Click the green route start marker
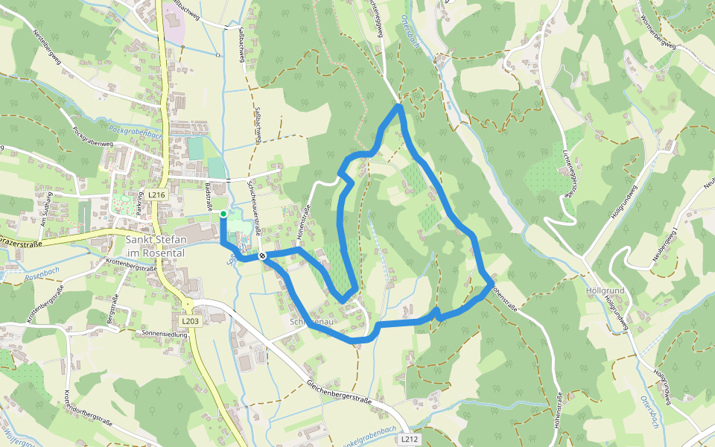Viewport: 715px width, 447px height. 223,215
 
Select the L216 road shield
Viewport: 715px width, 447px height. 155,195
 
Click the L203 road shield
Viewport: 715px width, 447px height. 191,321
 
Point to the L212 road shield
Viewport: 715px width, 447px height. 409,440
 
